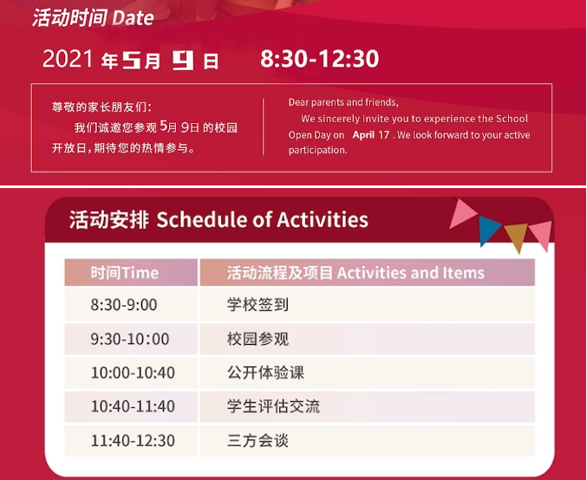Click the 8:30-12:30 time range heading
320,59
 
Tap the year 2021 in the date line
68,59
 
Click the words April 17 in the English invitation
370,134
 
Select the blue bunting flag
489,230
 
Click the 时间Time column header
124,273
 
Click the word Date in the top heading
133,17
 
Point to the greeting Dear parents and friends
343,102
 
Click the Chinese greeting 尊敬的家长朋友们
101,107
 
